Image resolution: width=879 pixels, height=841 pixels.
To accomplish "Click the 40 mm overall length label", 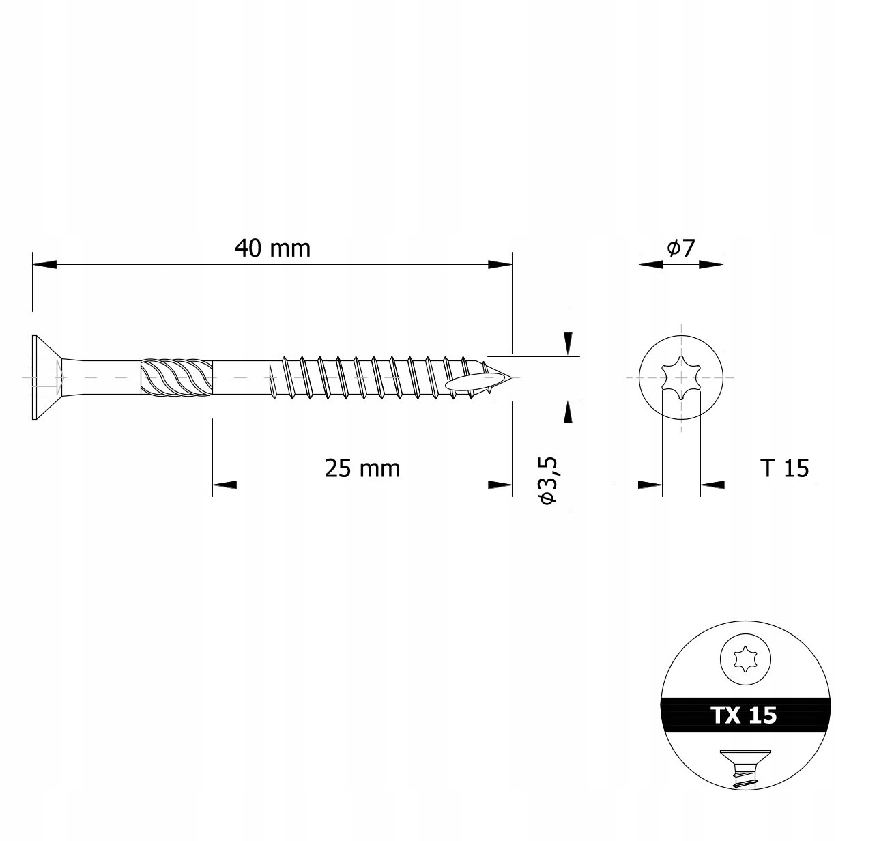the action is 273,248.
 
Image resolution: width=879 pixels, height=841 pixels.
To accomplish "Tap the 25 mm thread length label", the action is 362,469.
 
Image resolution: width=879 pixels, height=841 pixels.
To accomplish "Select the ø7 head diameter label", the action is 680,248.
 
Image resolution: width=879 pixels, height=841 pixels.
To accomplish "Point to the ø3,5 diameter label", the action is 547,481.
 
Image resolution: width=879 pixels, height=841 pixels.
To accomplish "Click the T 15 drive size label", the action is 785,468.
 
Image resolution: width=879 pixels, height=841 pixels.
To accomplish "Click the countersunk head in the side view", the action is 46,377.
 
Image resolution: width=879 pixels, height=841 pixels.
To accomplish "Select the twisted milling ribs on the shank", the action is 177,377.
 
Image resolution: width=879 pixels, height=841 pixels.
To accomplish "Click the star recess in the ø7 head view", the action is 680,377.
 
